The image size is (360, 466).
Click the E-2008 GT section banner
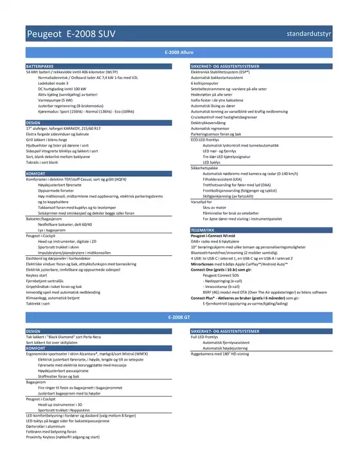[x=179, y=318]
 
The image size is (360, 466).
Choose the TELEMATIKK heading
[x=203, y=229]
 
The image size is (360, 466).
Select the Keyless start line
[x=38, y=275]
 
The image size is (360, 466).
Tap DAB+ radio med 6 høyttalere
[x=222, y=241]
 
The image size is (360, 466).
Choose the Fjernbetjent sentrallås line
[x=47, y=280]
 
